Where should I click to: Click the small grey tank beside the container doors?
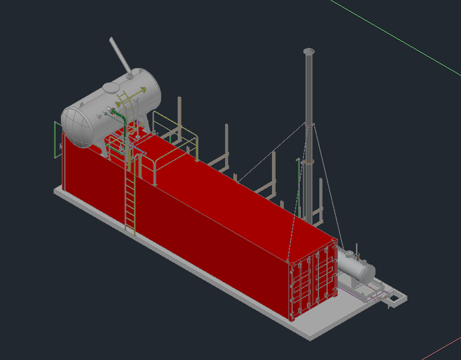coord(357,267)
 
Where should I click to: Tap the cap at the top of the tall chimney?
coord(308,51)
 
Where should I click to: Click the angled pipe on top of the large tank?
coord(120,55)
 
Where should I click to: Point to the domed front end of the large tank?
coord(77,124)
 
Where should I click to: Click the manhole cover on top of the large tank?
coord(111,87)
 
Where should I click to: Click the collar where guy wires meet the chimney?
coord(309,125)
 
